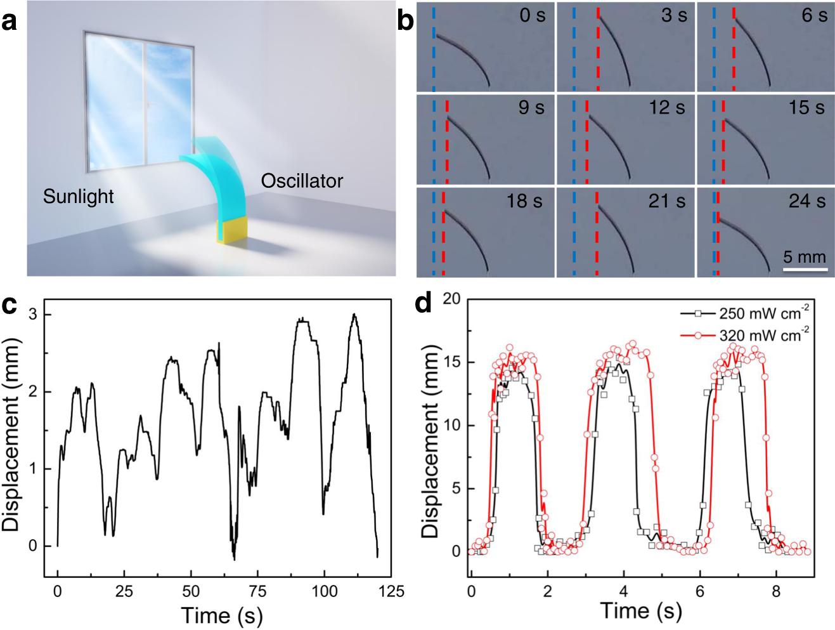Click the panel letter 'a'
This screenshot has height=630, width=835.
click(x=10, y=21)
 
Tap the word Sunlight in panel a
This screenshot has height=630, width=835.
click(x=78, y=197)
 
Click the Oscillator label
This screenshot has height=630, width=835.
click(x=302, y=181)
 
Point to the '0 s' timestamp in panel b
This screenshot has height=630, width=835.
click(x=532, y=15)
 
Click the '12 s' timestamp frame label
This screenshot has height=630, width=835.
click(x=666, y=108)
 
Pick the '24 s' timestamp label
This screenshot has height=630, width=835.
click(x=806, y=201)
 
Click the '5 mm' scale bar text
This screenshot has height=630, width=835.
click(x=805, y=257)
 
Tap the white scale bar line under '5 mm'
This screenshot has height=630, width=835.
click(x=805, y=270)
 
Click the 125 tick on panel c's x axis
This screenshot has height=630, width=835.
click(x=391, y=591)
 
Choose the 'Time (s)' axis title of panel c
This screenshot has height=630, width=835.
click(x=222, y=615)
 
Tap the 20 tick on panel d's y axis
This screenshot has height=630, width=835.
click(x=451, y=298)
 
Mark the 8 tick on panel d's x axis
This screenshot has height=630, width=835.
click(x=776, y=591)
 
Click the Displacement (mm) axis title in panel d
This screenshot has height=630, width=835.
click(x=430, y=442)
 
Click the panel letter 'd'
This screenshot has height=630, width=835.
click(x=423, y=304)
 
